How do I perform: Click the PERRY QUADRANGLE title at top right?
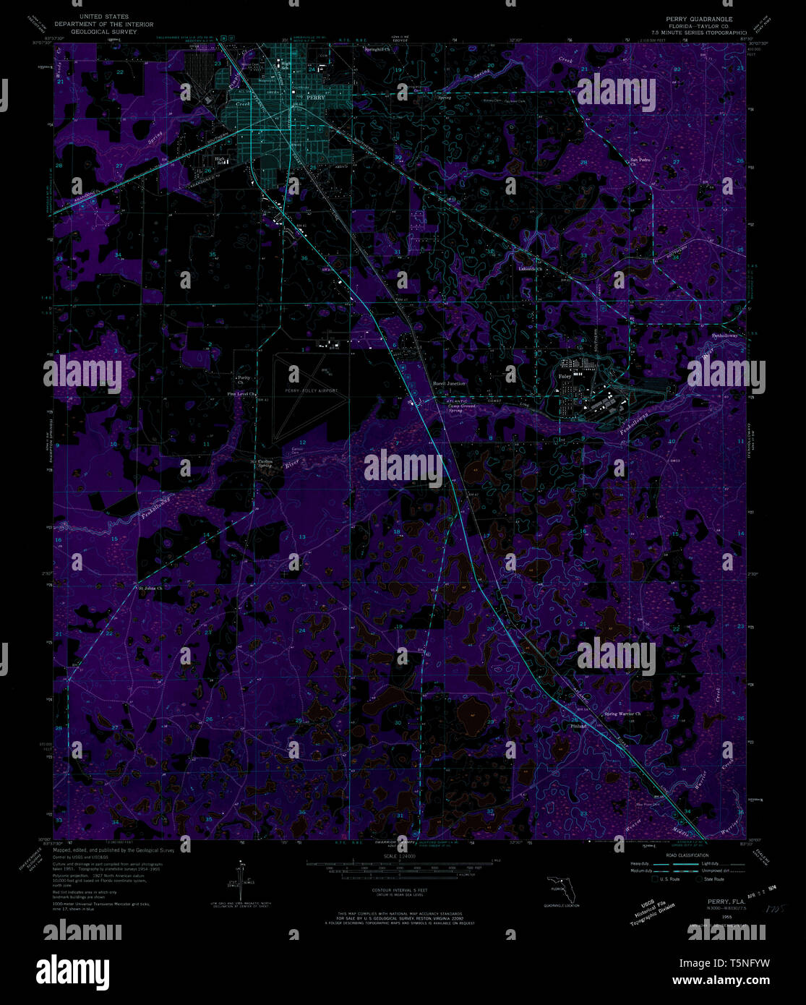coord(693,19)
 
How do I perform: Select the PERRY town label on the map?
coord(315,96)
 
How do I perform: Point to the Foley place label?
coord(565,376)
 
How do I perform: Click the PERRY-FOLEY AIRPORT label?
coord(311,390)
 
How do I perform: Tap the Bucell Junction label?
coord(448,383)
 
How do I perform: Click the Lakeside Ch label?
coord(530,269)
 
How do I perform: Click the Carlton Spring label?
coord(265,463)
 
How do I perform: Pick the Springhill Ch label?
coord(376,50)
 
